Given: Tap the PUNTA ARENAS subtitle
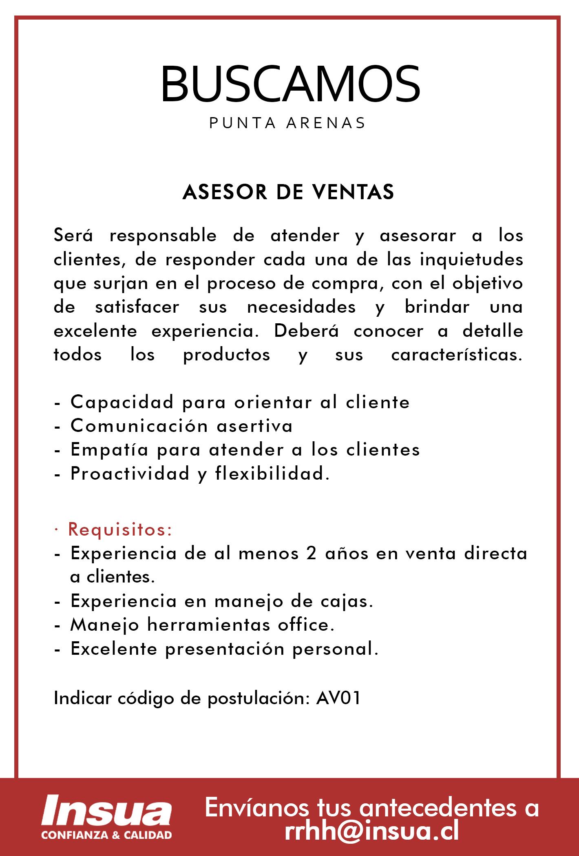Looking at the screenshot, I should tap(287, 123).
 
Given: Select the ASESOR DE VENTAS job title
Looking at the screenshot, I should tap(288, 192).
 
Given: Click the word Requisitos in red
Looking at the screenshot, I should tap(119, 530).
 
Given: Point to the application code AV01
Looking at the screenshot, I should tap(338, 698).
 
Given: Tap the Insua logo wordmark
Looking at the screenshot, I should tap(107, 810).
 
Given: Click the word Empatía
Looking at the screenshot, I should tap(109, 450).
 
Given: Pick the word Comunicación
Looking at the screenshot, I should tap(139, 426).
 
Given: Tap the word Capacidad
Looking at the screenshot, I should tap(122, 402).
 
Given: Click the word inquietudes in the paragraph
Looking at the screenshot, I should tap(472, 260).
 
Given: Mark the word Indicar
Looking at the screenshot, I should tap(82, 698).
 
